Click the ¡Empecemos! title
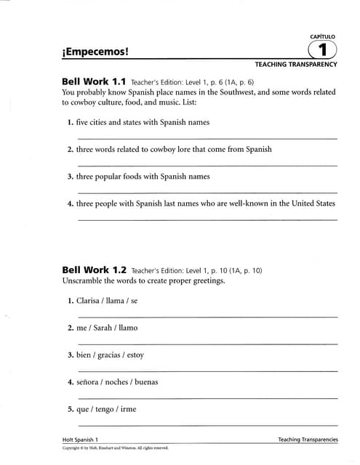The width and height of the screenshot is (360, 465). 95,52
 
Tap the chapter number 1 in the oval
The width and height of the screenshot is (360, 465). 322,50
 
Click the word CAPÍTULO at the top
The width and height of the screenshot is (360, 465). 323,36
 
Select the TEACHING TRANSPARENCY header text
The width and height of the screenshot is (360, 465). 295,65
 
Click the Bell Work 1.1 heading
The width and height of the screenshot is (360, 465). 95,82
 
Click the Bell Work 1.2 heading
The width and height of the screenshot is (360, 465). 95,270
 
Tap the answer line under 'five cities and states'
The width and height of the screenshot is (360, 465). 207,138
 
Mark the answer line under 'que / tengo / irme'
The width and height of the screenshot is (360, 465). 207,425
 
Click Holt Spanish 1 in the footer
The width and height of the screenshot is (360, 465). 80,440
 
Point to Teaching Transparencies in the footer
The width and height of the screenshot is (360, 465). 308,440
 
